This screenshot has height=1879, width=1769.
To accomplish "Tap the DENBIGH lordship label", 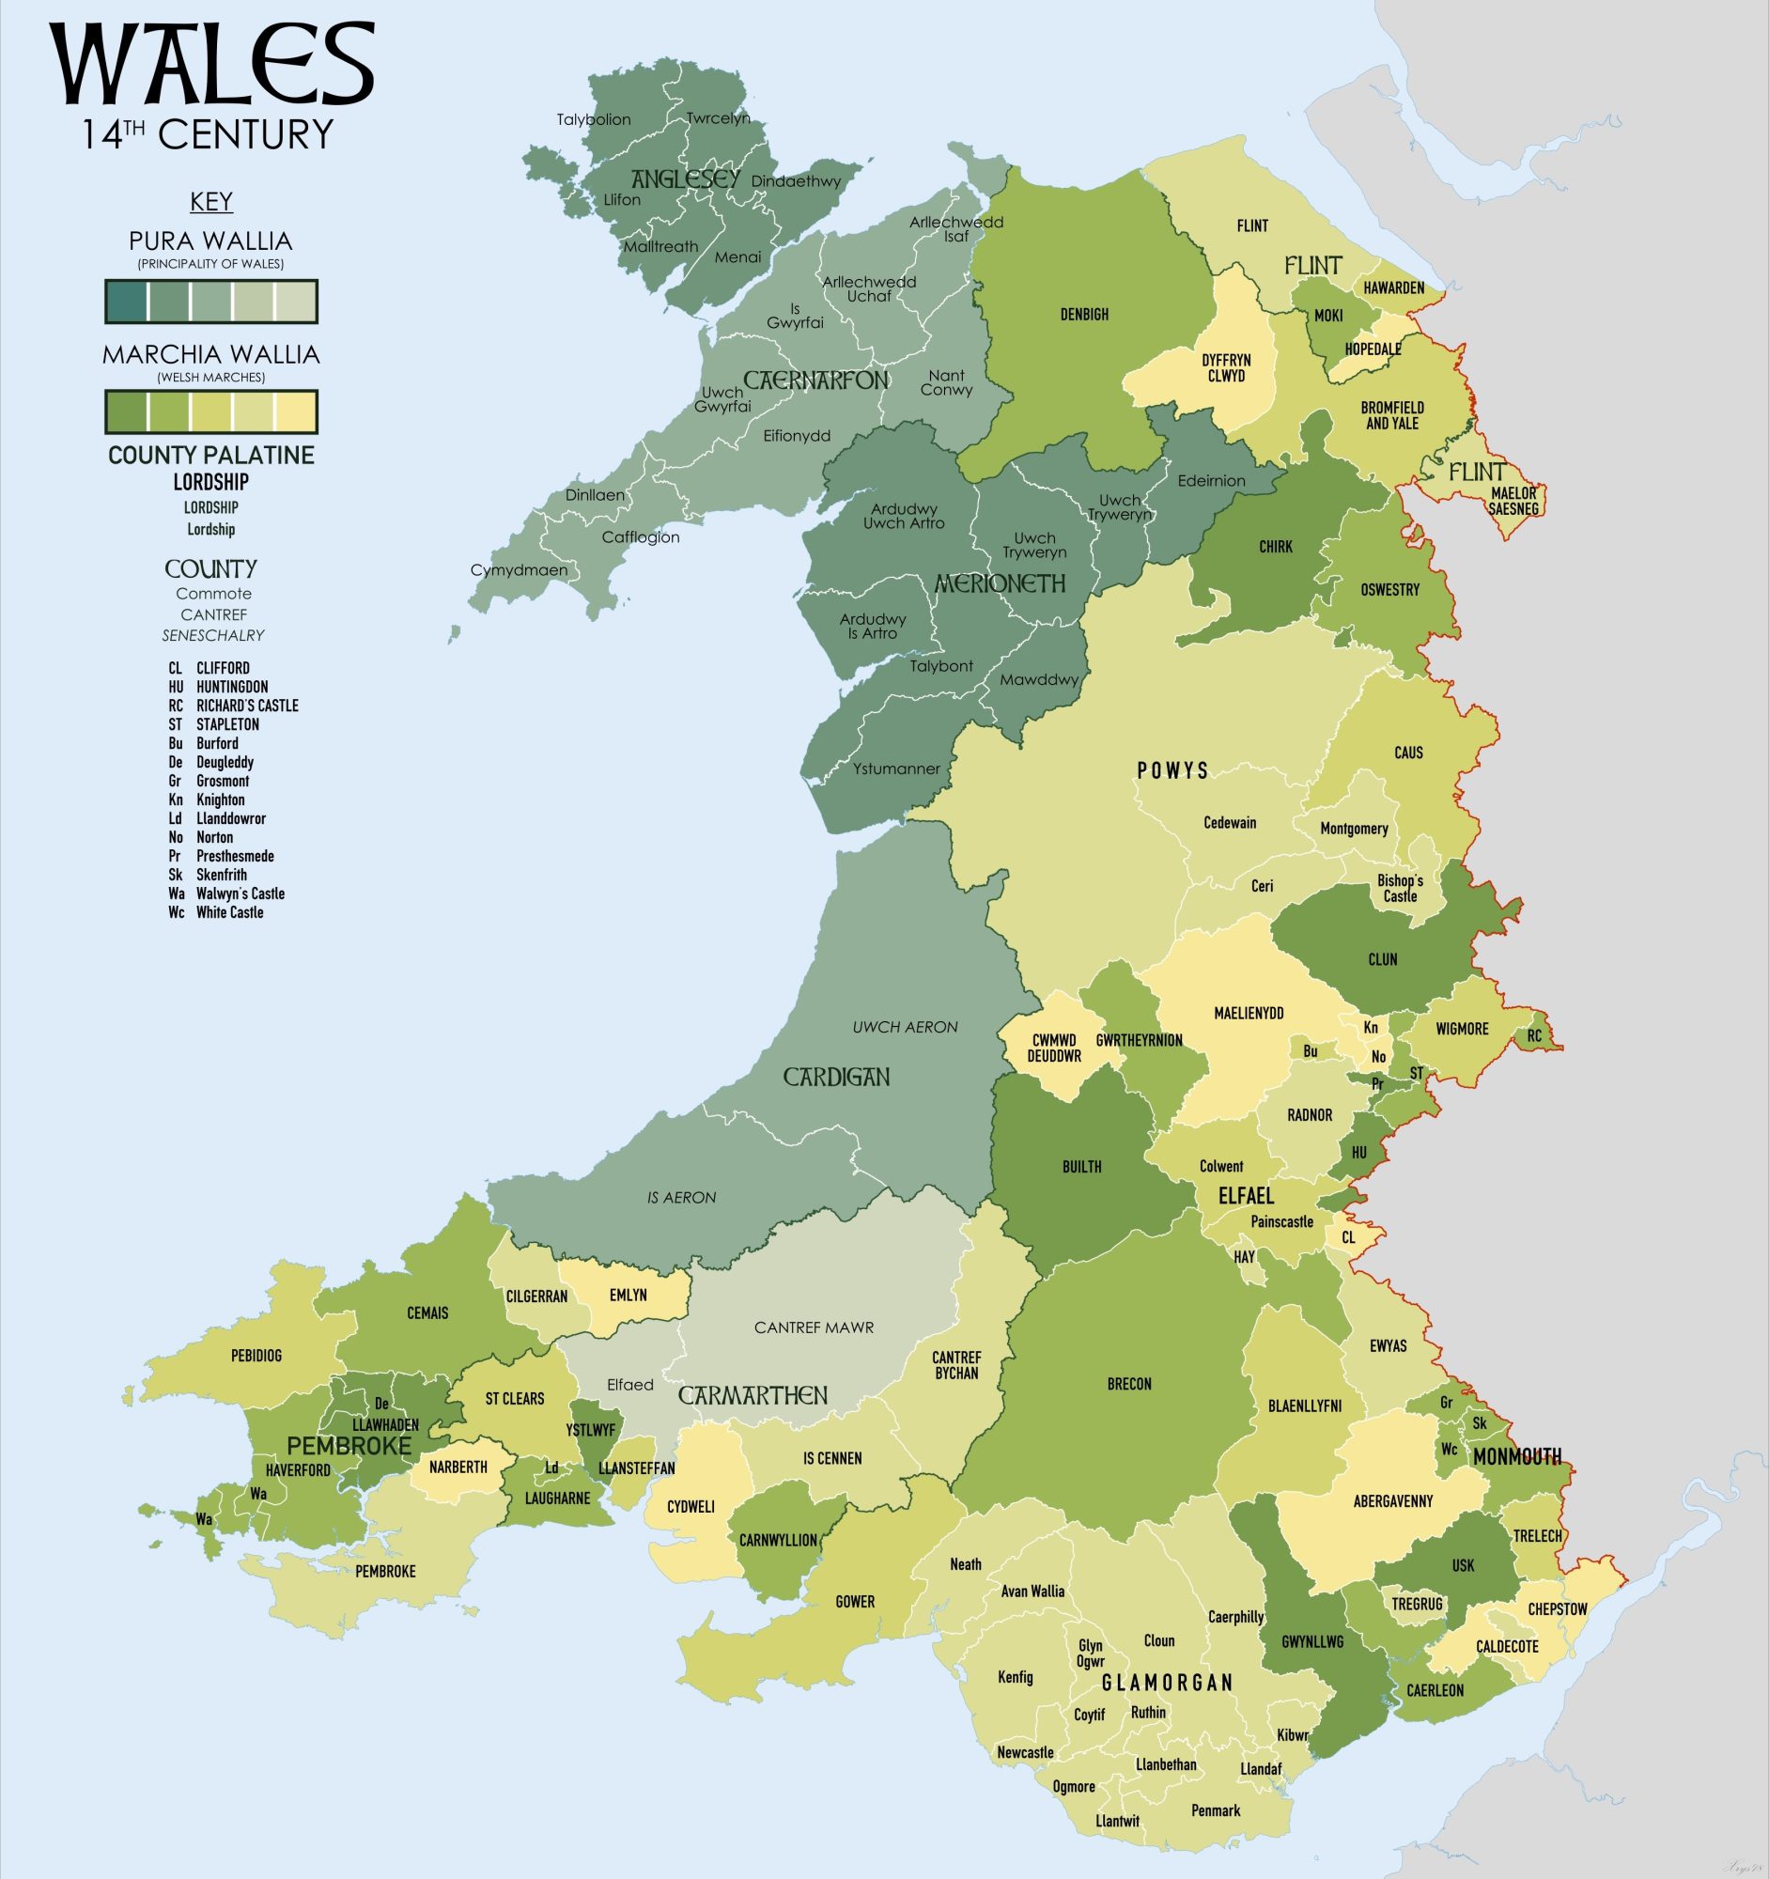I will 1084,315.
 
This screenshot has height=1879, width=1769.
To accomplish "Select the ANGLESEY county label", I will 685,179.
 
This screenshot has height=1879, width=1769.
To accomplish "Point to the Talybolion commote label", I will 594,120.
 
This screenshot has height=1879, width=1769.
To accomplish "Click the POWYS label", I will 1172,770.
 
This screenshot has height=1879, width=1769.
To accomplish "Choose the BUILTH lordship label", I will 1082,1167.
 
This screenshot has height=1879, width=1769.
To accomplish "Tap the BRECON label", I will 1129,1384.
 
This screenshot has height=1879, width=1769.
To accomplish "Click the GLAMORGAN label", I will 1167,1683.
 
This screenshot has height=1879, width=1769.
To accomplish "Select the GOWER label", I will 855,1602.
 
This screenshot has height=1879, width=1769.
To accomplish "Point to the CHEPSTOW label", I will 1558,1608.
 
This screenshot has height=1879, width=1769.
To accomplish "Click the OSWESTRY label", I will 1390,590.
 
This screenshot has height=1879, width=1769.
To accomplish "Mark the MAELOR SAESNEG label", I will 1513,501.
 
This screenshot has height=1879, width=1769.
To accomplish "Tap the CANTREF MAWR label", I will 814,1328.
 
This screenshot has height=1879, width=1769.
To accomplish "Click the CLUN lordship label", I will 1383,959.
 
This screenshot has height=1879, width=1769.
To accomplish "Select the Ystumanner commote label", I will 896,769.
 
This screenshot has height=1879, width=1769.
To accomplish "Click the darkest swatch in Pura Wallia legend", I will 127,302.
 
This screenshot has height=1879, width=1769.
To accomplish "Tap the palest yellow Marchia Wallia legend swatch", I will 295,412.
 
